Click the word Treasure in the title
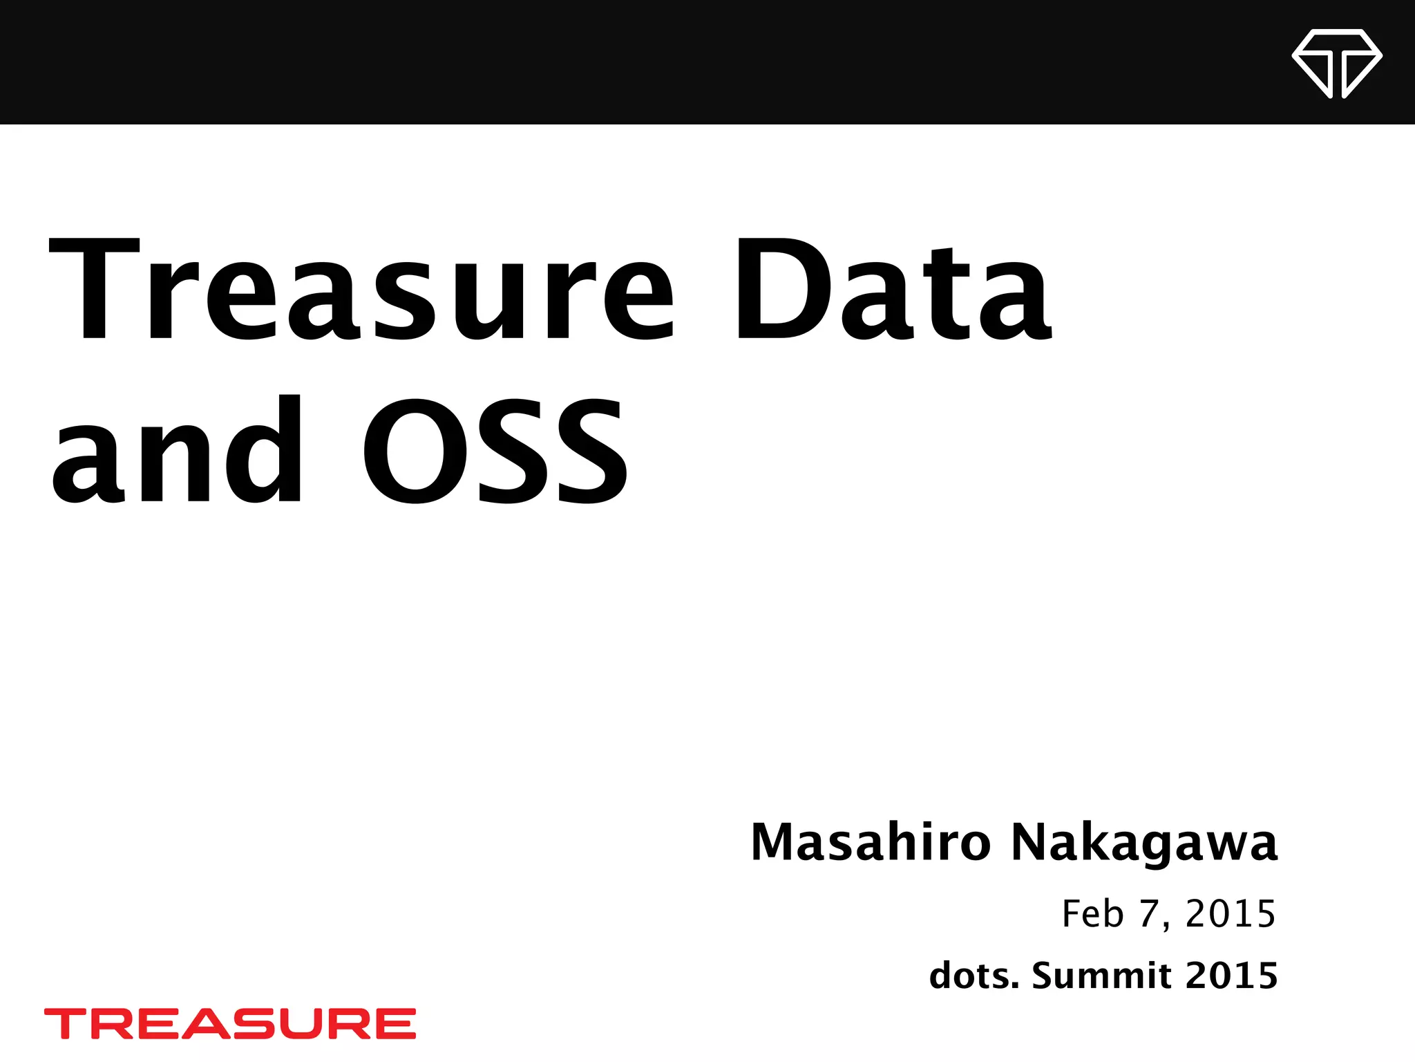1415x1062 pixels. coord(359,290)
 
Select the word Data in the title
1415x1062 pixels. coord(891,290)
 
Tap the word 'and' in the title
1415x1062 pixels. coord(176,449)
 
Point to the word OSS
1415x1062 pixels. coord(494,449)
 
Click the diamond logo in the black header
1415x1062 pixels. coord(1336,63)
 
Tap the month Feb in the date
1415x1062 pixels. coord(1092,913)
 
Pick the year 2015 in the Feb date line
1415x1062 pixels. coord(1230,913)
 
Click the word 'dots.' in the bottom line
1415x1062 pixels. coord(974,976)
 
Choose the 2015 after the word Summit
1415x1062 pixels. coord(1231,976)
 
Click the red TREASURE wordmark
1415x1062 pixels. coord(230,1023)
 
